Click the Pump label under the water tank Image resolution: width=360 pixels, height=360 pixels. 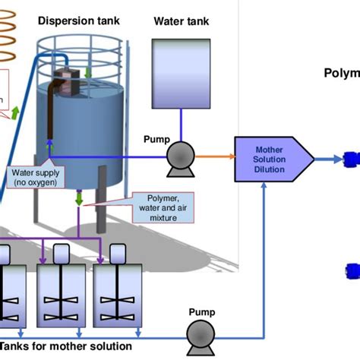pos(157,140)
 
